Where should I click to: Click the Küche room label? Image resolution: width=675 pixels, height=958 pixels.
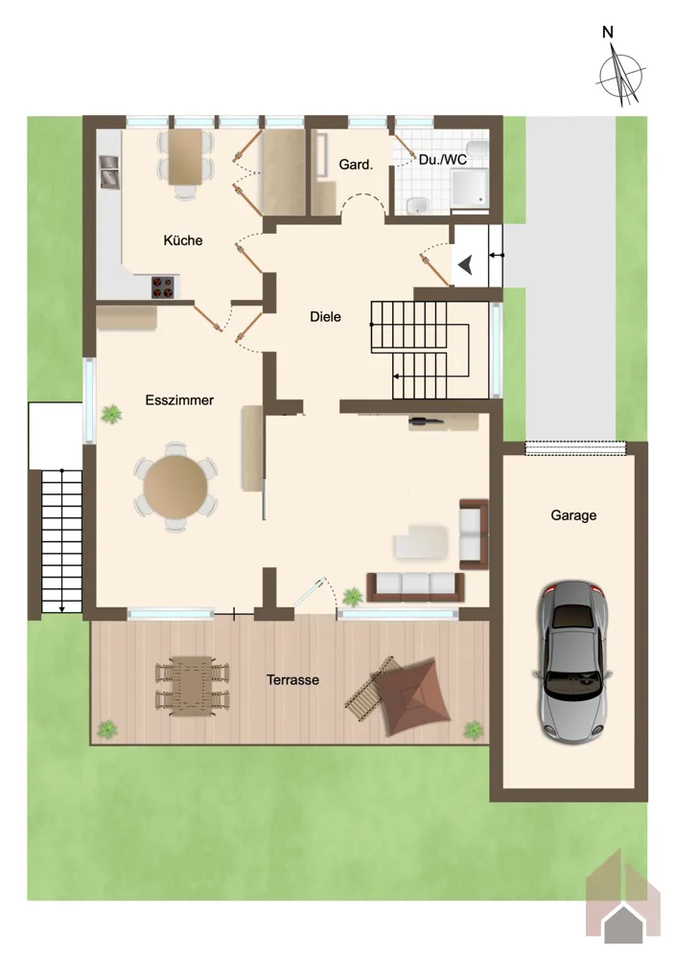(x=183, y=240)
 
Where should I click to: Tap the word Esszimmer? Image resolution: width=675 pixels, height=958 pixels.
(x=179, y=400)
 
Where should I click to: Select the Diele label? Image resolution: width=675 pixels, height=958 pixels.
(x=325, y=316)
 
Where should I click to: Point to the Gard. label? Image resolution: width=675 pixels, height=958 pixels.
(x=356, y=165)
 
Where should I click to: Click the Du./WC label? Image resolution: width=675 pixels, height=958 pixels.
(x=443, y=159)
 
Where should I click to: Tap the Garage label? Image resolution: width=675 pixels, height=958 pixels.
(x=573, y=515)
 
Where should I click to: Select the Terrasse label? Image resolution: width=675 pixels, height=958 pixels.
(x=292, y=679)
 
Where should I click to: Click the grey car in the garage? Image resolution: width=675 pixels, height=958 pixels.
(x=573, y=661)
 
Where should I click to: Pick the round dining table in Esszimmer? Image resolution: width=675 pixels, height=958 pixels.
(x=175, y=487)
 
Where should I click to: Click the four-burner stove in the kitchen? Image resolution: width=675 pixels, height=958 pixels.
(x=163, y=287)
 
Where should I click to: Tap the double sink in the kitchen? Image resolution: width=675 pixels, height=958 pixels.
(x=109, y=171)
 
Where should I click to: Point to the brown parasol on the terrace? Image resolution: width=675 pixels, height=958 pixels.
(x=411, y=696)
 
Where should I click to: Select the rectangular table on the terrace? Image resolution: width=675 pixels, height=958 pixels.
(x=192, y=686)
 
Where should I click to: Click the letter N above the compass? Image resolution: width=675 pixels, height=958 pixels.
(x=608, y=33)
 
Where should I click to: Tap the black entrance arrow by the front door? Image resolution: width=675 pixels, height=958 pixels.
(x=466, y=265)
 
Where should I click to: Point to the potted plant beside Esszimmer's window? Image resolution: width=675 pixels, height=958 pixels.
(x=111, y=414)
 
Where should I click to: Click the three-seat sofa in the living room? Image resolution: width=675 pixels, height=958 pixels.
(x=416, y=587)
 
